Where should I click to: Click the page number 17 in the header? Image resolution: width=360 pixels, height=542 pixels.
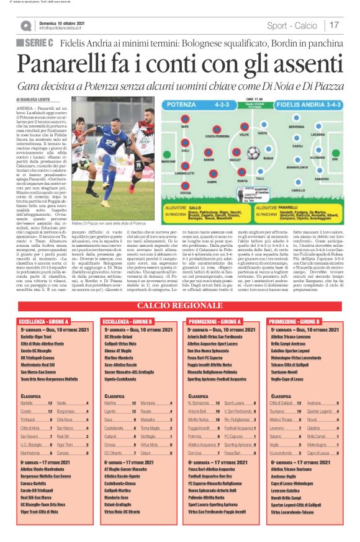pos(334,25)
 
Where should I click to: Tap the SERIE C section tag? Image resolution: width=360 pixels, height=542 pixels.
pos(35,43)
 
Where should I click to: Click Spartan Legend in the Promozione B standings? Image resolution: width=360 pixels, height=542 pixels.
pos(320,411)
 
